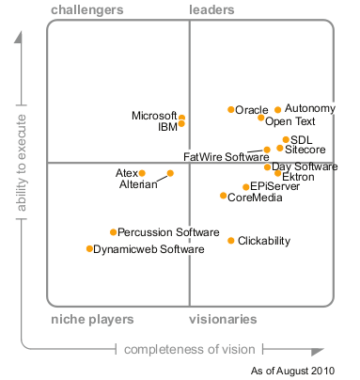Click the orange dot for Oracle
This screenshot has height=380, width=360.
tap(231, 109)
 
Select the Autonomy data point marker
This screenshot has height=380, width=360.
tap(278, 110)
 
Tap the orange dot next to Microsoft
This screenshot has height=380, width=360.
tap(181, 118)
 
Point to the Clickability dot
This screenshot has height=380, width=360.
tap(231, 241)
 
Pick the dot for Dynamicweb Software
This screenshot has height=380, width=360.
tap(89, 248)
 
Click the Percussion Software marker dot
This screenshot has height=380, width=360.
tap(114, 232)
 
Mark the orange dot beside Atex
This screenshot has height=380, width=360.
tap(142, 173)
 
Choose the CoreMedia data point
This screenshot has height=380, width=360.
tap(223, 196)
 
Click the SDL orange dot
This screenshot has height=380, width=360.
tap(286, 139)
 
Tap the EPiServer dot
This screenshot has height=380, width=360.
tap(246, 187)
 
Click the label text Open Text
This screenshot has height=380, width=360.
tap(290, 121)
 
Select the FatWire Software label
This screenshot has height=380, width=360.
tap(227, 157)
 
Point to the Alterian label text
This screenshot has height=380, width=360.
tap(138, 184)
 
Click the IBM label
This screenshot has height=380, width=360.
tap(168, 127)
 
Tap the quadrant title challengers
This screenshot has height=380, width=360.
tap(87, 10)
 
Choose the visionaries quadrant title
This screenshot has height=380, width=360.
tap(223, 319)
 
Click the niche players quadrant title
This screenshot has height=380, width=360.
tap(92, 320)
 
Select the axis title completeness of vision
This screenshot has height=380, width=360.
tap(190, 349)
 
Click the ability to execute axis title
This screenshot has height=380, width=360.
tap(22, 163)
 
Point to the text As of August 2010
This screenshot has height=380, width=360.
tap(292, 371)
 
